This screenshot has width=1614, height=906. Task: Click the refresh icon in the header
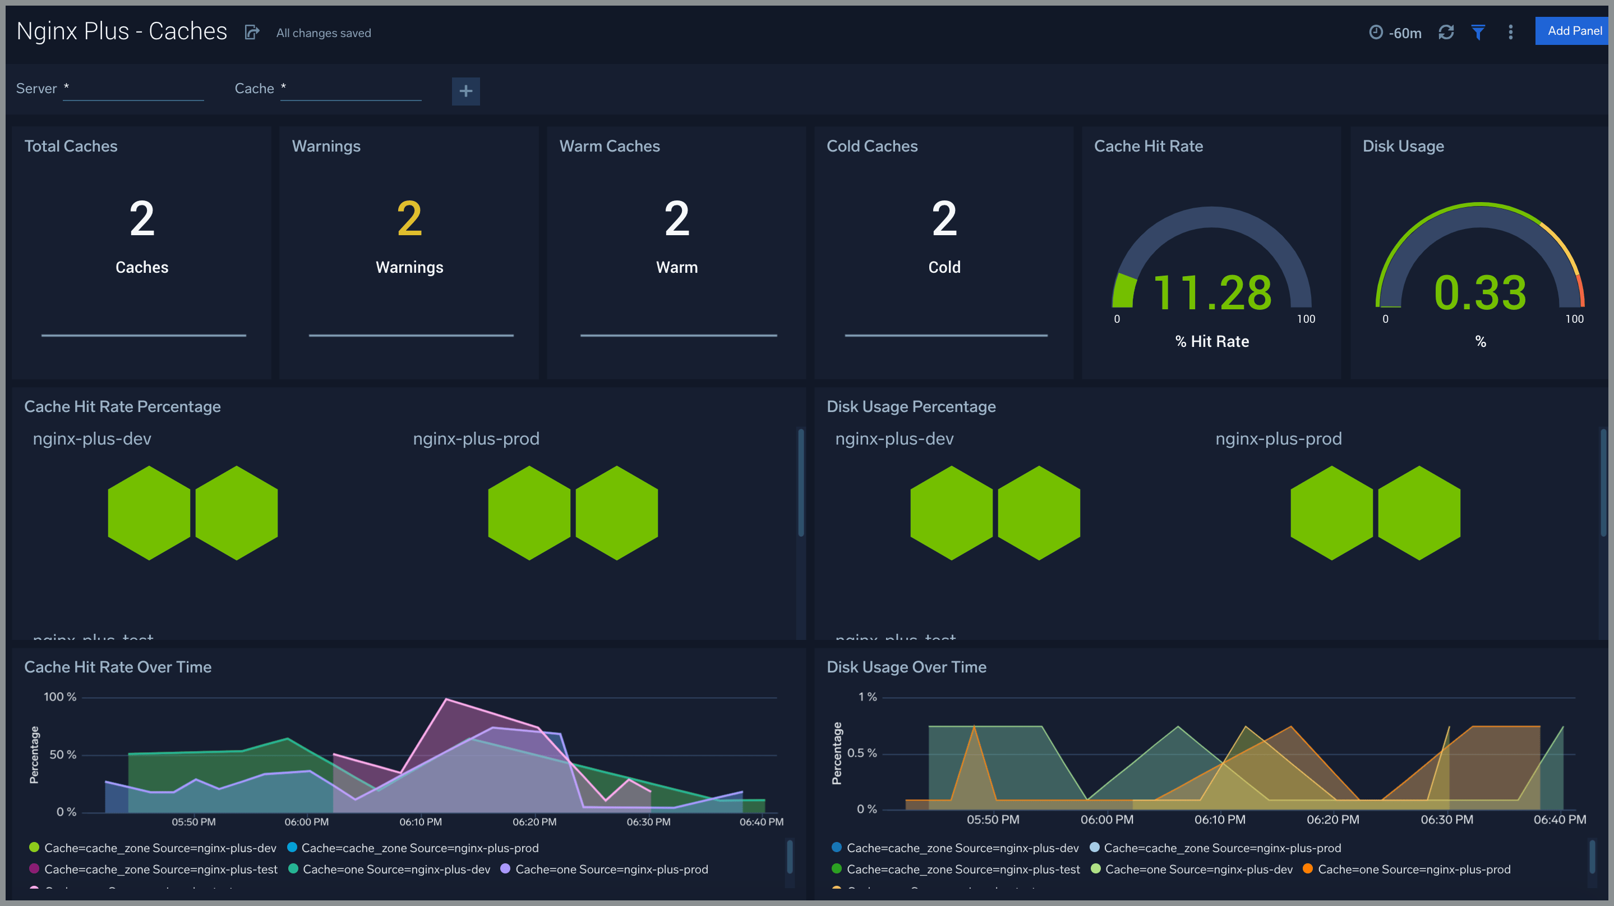click(x=1445, y=32)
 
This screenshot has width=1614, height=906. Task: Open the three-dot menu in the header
click(x=1510, y=32)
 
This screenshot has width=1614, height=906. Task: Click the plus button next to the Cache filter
click(x=465, y=91)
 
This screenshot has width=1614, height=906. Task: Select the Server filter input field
click(x=133, y=89)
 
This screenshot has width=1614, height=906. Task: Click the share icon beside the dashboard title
click(x=251, y=33)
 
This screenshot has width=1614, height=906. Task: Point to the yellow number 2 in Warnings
click(x=409, y=218)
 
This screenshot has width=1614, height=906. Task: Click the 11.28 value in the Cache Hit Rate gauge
click(x=1212, y=293)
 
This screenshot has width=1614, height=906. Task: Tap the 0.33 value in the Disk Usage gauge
click(x=1479, y=293)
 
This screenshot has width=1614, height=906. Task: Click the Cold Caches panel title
click(x=871, y=146)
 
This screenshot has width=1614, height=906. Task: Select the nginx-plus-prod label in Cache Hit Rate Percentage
click(x=476, y=438)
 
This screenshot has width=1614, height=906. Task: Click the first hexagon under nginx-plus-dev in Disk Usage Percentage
click(x=951, y=513)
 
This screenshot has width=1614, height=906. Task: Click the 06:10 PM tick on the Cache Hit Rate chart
click(x=421, y=821)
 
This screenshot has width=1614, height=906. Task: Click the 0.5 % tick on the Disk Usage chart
click(x=861, y=752)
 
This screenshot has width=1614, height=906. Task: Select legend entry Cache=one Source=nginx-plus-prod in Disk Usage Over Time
click(x=1413, y=869)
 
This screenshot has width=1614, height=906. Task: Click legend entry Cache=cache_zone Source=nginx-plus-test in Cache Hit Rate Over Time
click(x=160, y=869)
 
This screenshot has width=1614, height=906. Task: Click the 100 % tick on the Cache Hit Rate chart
click(x=59, y=697)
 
